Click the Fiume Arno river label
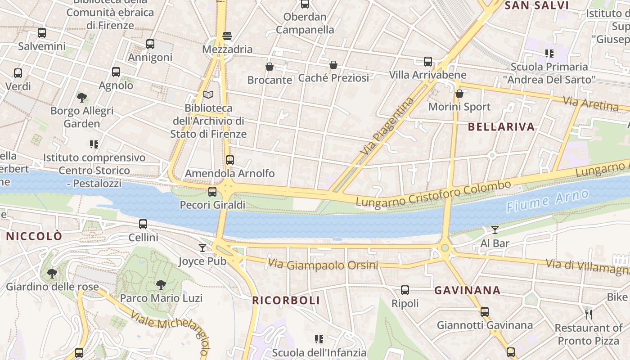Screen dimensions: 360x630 click(x=547, y=201)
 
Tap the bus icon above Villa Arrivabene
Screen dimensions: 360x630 click(x=427, y=61)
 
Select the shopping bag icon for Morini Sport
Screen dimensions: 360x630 click(x=459, y=94)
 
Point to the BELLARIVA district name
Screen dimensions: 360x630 click(x=501, y=127)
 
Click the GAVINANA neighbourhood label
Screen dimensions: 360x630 click(x=467, y=291)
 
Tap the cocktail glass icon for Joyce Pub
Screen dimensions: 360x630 click(x=202, y=247)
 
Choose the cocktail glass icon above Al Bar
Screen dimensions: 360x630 click(x=495, y=230)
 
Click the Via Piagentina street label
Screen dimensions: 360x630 click(x=387, y=126)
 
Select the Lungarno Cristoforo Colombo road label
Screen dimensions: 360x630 click(x=434, y=194)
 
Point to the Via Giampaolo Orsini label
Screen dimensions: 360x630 click(x=323, y=264)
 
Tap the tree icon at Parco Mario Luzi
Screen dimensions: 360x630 click(x=161, y=284)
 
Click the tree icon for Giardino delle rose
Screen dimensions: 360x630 click(x=52, y=273)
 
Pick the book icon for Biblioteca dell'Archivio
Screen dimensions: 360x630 click(x=208, y=94)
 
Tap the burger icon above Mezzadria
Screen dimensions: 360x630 click(x=227, y=36)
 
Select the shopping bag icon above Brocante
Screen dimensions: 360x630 click(x=270, y=67)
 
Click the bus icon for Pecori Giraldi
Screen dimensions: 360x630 click(x=212, y=192)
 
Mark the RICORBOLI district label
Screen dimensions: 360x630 click(x=286, y=301)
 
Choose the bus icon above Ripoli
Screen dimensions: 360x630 click(x=405, y=290)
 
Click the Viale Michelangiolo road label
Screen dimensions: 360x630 click(x=171, y=328)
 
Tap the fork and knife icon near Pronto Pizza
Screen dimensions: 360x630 click(x=588, y=314)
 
